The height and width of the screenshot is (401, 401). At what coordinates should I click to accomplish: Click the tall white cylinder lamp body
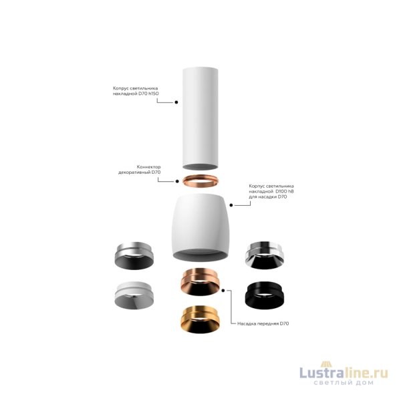(x=200, y=118)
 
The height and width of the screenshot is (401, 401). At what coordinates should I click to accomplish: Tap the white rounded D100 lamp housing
(x=200, y=227)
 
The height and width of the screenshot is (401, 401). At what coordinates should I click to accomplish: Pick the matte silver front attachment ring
(x=134, y=255)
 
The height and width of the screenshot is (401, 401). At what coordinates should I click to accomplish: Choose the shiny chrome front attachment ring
(x=264, y=255)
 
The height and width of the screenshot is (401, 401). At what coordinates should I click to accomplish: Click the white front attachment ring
(x=134, y=295)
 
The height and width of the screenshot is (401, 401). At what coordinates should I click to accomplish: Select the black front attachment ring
(x=265, y=295)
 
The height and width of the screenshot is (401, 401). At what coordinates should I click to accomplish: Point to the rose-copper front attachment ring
(x=200, y=282)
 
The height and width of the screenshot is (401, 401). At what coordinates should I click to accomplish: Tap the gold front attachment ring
(x=200, y=319)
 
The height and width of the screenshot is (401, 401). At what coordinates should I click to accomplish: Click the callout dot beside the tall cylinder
(x=176, y=102)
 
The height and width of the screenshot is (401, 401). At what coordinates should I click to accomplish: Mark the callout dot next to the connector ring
(x=177, y=181)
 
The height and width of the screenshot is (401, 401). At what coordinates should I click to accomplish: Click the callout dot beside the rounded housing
(x=231, y=205)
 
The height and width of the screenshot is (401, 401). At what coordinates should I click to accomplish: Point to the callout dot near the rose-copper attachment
(x=223, y=291)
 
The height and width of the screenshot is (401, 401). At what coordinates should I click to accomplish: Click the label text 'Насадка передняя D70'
(x=263, y=323)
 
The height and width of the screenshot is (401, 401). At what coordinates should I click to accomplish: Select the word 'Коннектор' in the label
(x=148, y=166)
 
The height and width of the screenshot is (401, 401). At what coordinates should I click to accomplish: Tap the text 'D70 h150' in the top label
(x=148, y=94)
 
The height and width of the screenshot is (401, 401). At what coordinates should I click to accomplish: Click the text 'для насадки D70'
(x=268, y=196)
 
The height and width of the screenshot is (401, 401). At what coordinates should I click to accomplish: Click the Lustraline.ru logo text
(x=344, y=372)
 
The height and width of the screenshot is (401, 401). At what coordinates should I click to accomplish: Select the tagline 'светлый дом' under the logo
(x=344, y=383)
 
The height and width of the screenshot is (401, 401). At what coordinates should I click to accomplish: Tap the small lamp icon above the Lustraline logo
(x=326, y=364)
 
